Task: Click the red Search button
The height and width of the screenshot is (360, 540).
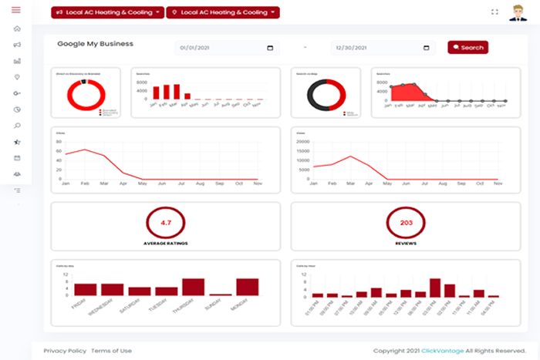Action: coord(467,48)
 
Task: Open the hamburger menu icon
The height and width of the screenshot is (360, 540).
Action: coord(16,10)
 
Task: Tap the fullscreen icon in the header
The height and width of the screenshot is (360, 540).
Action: coord(494,12)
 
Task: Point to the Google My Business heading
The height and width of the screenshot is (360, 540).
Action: coord(95,44)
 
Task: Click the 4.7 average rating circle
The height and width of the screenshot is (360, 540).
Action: coord(166,222)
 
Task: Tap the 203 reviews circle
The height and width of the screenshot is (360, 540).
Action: coord(406,222)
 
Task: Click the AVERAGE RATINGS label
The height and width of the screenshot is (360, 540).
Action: coord(166,243)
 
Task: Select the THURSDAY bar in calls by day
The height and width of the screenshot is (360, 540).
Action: coord(193,287)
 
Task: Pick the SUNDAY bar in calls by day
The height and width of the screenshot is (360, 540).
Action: coord(220,294)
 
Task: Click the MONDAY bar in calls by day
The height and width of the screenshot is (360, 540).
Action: coord(247,287)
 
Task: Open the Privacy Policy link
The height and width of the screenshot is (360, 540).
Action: coord(65,351)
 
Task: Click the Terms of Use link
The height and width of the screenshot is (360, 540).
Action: coord(111,351)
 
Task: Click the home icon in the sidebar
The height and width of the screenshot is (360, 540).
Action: coord(17,29)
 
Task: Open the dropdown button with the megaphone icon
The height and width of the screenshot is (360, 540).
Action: coord(108,13)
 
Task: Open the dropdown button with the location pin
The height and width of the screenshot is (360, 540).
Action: coord(222,13)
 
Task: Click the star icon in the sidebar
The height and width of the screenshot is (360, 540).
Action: coord(17,142)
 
